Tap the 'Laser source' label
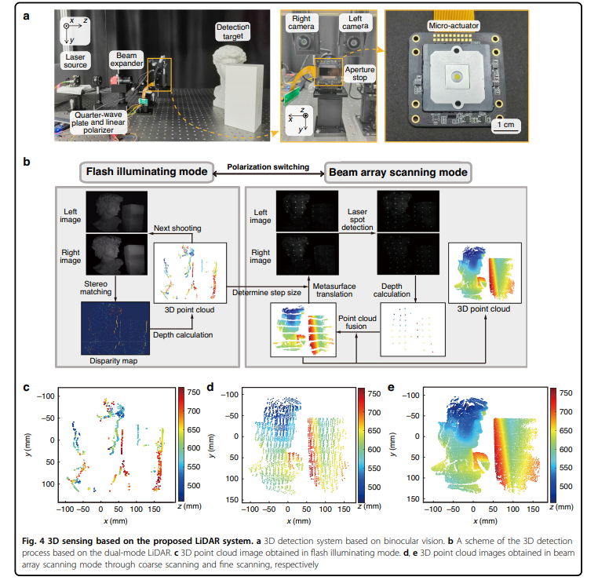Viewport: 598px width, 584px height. click(78, 60)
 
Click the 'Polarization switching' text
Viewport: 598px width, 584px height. click(268, 167)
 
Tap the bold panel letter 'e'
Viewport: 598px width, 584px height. click(392, 387)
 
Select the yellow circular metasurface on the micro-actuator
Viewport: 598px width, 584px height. click(457, 77)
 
